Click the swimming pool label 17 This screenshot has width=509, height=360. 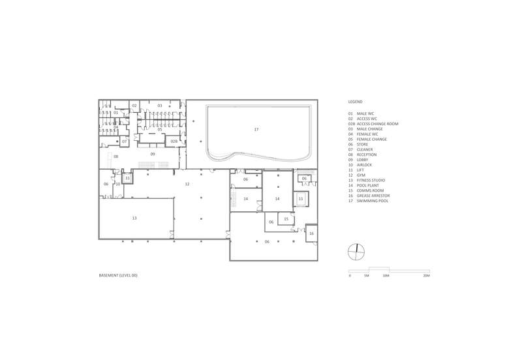(256, 130)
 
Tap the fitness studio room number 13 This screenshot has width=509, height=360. (134, 218)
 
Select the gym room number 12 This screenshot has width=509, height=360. (187, 184)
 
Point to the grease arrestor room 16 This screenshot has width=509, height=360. (312, 233)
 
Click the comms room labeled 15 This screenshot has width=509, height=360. (286, 219)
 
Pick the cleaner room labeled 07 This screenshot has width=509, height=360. (125, 142)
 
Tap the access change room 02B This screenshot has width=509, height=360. (174, 142)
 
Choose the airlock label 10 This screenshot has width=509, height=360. (118, 184)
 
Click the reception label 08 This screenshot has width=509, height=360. (116, 157)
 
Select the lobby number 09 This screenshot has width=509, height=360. (153, 155)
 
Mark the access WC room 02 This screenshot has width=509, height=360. (134, 106)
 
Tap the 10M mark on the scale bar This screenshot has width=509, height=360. (386, 276)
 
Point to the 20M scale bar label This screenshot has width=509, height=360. (427, 276)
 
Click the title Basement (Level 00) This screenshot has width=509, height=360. (118, 275)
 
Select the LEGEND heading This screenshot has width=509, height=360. (355, 102)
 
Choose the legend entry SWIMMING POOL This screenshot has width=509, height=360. (373, 201)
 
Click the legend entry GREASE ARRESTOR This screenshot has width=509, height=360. (373, 196)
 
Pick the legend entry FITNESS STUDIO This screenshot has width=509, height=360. (371, 180)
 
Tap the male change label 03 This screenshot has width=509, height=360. (160, 106)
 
